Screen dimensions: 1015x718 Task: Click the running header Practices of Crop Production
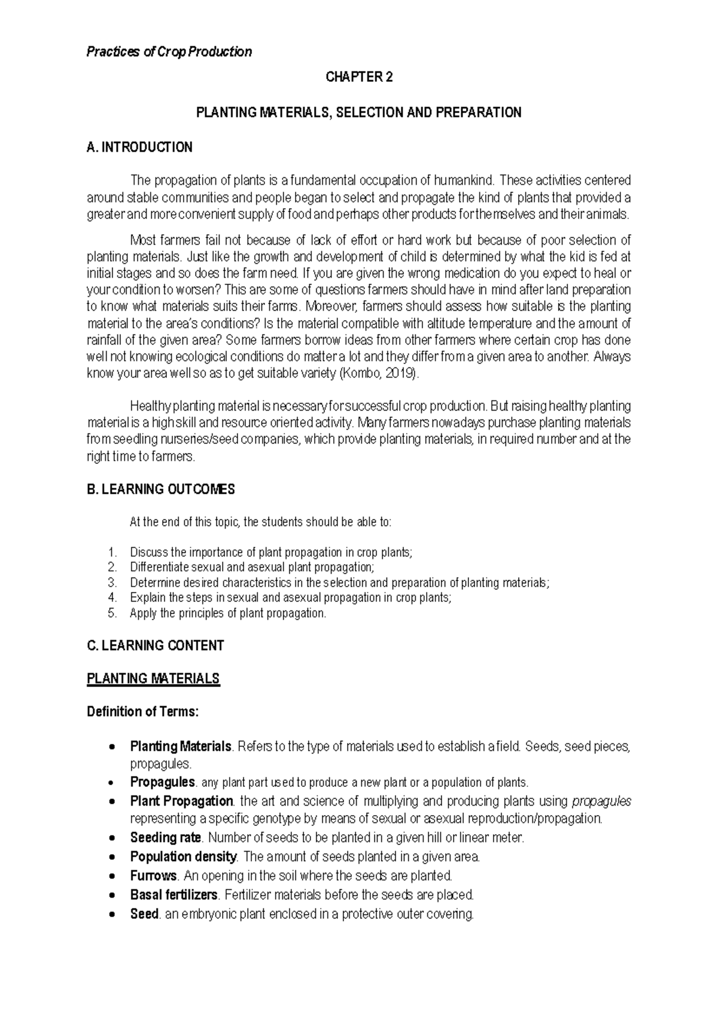coord(169,52)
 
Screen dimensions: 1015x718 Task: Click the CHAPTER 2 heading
coord(359,77)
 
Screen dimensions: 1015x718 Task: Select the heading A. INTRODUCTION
coord(139,147)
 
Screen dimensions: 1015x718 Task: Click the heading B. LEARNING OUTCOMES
coord(161,490)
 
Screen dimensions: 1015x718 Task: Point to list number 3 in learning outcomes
coord(112,582)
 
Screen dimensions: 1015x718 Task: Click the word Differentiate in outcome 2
coord(158,567)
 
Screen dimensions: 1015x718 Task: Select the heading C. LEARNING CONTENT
coord(156,646)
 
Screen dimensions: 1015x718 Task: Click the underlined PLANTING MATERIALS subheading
coord(153,679)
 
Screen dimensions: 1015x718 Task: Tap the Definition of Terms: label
coord(142,712)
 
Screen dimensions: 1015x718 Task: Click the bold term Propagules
coord(162,782)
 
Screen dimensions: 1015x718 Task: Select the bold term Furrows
coord(153,876)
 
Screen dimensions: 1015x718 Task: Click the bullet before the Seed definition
coord(111,915)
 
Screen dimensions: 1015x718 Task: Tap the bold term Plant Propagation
coord(181,801)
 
